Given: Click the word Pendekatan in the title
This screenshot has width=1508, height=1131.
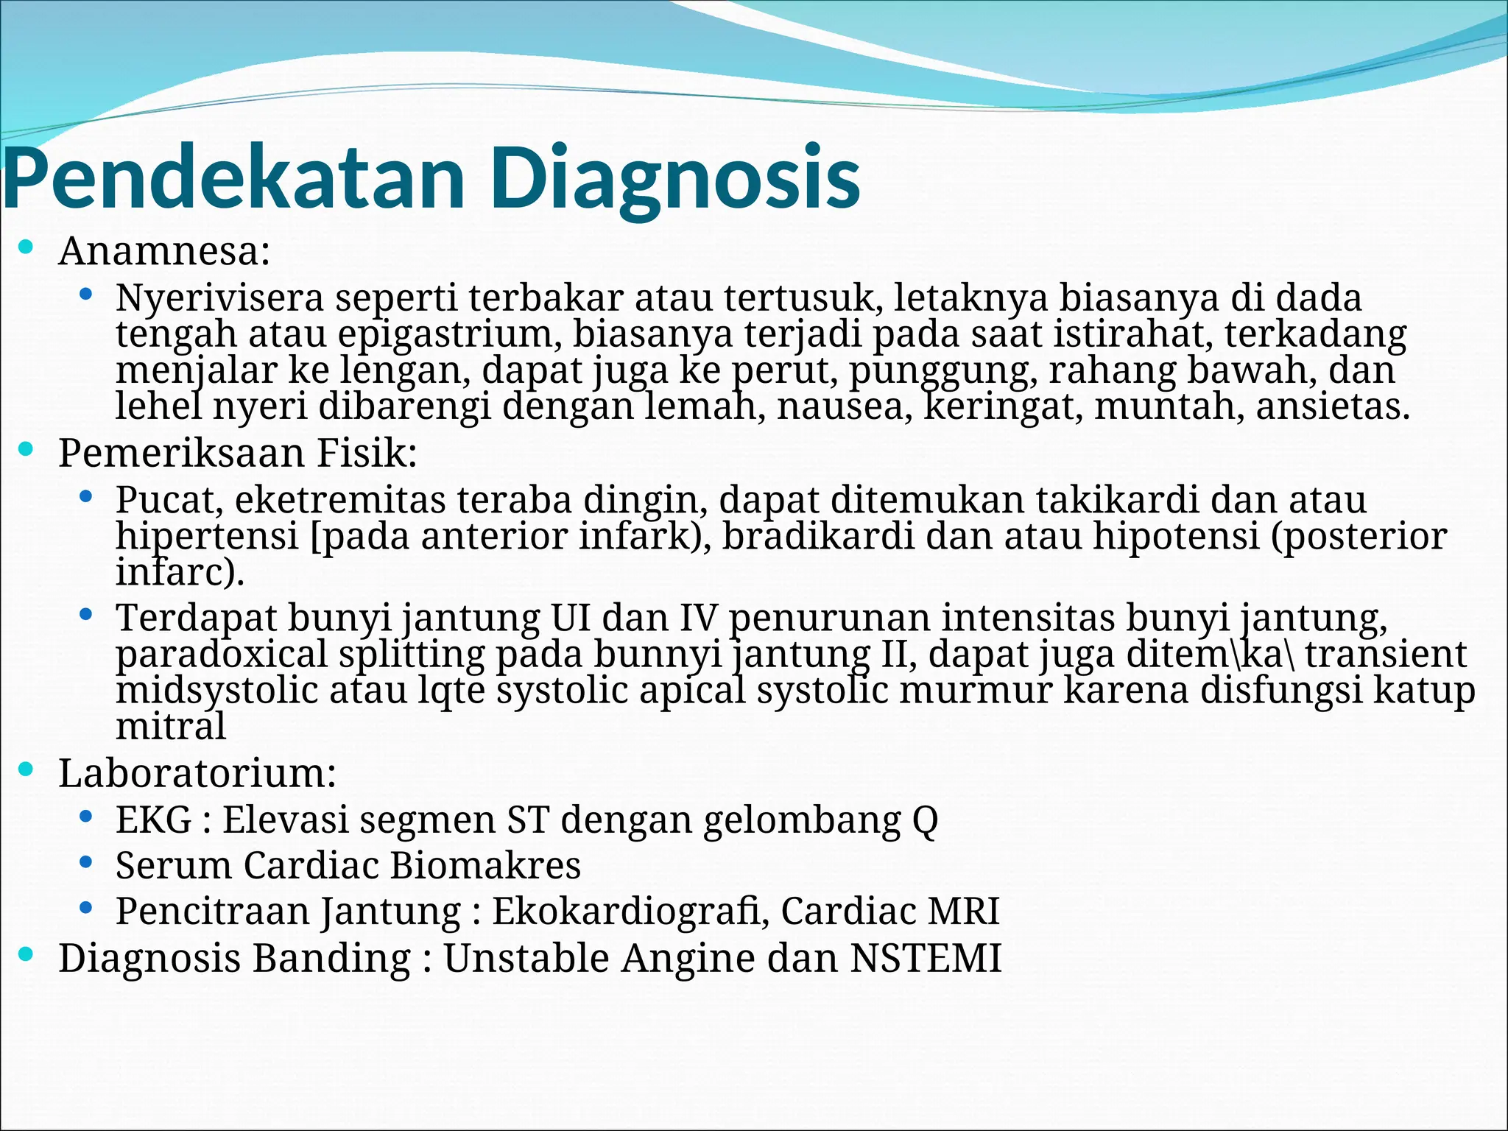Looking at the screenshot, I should pyautogui.click(x=234, y=179).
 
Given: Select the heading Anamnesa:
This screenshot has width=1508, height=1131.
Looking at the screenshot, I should pyautogui.click(x=164, y=251).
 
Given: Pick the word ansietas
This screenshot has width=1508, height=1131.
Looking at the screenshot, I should pyautogui.click(x=1332, y=406).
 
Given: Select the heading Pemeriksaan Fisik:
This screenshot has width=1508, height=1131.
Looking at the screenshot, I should pyautogui.click(x=238, y=453).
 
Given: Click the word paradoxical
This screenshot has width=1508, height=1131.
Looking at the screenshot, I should pyautogui.click(x=221, y=655).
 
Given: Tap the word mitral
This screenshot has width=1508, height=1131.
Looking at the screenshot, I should pyautogui.click(x=170, y=727).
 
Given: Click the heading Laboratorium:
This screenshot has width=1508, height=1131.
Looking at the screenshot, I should pyautogui.click(x=197, y=774).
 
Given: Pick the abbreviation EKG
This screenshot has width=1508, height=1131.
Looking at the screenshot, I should pyautogui.click(x=153, y=820).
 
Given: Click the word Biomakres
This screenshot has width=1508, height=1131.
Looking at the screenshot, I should pyautogui.click(x=485, y=865).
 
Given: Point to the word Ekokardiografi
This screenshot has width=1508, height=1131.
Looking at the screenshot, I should pyautogui.click(x=630, y=912).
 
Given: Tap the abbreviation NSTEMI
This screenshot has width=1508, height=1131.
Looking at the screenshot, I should pyautogui.click(x=926, y=959).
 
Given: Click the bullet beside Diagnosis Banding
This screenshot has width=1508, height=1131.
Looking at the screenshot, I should pyautogui.click(x=26, y=955).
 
